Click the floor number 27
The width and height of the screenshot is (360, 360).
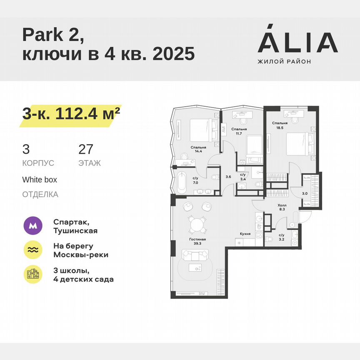coord(86,149)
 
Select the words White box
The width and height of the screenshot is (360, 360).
coord(40,180)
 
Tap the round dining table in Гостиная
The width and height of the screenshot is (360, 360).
coord(196,225)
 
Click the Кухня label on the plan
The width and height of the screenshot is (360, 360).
coord(245,234)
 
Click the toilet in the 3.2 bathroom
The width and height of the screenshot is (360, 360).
coord(270,239)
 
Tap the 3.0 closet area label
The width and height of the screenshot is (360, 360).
coord(305,193)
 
